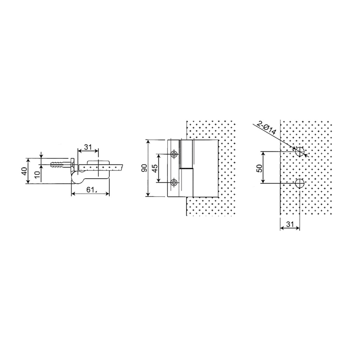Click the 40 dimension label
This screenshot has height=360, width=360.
24,171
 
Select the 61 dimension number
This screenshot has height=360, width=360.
90,190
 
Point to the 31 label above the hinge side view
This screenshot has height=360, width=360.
89,147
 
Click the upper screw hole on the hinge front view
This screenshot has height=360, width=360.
174,154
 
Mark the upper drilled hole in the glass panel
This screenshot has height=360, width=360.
300,152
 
